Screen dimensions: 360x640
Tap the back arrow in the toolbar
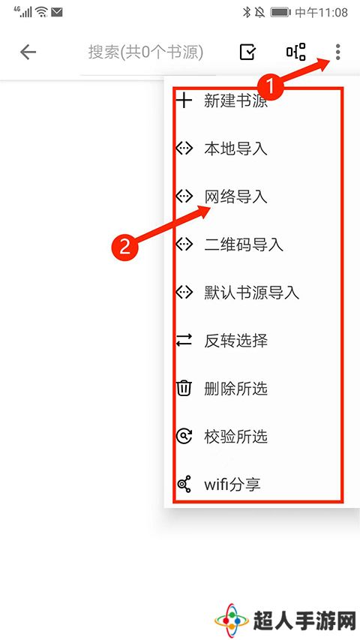28,53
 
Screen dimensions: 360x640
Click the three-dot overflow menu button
337,53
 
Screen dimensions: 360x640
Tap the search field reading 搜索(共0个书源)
145,53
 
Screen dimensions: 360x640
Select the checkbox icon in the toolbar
247,53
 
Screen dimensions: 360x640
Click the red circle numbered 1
269,87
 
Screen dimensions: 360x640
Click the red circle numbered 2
125,245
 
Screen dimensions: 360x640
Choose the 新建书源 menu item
236,101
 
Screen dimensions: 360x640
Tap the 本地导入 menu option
235,149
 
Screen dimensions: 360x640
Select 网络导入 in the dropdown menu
235,197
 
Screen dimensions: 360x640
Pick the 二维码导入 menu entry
244,245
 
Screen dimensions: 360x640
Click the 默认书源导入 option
251,293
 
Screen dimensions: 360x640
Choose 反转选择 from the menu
235,341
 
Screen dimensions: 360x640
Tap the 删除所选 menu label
235,389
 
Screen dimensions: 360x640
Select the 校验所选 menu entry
235,437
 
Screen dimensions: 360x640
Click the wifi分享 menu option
232,485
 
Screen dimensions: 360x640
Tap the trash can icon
184,388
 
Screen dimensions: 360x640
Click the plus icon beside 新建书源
184,101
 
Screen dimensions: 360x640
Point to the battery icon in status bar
280,13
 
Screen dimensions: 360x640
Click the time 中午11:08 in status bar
321,13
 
